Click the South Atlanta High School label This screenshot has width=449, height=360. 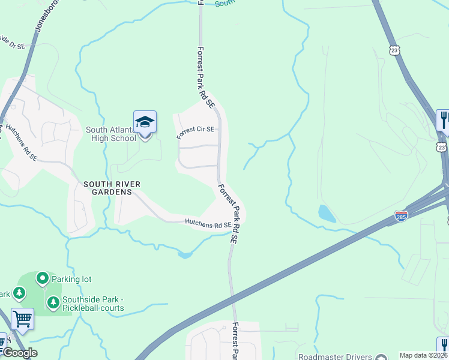point(110,134)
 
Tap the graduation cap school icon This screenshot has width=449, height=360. point(145,122)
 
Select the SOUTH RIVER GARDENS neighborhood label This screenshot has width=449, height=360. point(107,188)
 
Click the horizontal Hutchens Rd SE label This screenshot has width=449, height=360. point(208,224)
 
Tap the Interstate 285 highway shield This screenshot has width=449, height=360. point(402,215)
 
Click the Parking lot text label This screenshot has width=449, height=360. point(71,279)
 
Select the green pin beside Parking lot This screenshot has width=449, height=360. point(42,278)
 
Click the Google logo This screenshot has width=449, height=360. point(19,353)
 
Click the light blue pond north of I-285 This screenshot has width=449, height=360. point(327,213)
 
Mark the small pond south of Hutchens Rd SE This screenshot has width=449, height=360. point(185,255)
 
